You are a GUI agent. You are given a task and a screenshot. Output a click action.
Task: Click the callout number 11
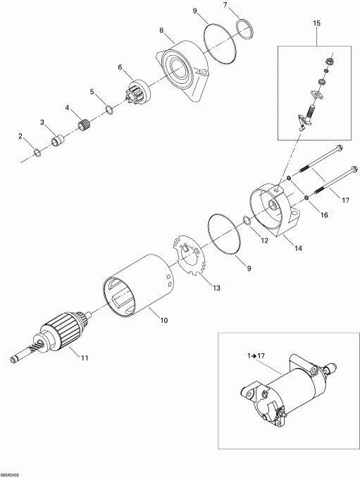(85, 357)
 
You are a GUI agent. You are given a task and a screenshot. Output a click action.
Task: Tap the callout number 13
(216, 288)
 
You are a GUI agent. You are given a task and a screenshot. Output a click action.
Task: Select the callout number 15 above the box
(316, 23)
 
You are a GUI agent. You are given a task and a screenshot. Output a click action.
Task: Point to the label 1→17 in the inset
(256, 355)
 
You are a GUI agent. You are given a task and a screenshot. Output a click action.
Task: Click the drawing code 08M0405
(10, 475)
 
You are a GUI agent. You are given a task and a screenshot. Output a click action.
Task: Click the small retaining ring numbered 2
(37, 152)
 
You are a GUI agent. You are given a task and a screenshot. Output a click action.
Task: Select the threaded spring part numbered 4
(85, 125)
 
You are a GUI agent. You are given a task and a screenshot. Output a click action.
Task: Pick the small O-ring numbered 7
(245, 29)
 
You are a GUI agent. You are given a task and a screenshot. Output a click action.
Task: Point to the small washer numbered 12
(247, 221)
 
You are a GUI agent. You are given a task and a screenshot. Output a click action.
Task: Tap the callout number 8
(161, 30)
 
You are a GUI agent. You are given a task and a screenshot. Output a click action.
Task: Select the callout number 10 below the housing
(164, 320)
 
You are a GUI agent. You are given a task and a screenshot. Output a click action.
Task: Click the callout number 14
(298, 248)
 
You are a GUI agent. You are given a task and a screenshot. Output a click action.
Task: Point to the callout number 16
(324, 215)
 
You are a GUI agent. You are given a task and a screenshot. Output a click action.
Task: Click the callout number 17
(345, 200)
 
